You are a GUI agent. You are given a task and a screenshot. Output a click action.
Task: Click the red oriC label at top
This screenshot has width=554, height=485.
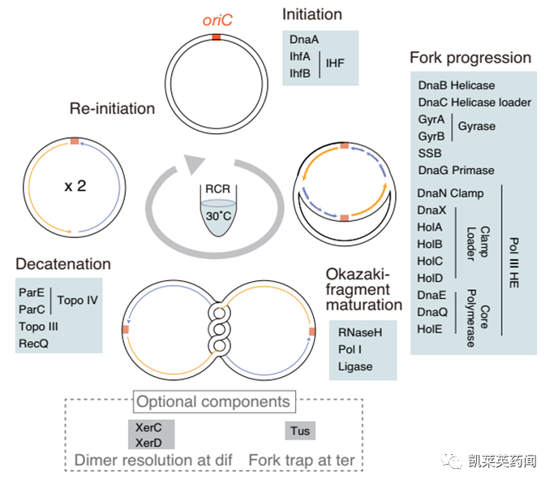(x=215, y=20)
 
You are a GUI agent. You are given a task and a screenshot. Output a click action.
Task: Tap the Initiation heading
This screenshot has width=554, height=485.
(x=312, y=14)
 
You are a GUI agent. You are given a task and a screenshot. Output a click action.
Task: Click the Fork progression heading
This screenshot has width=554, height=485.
(x=470, y=58)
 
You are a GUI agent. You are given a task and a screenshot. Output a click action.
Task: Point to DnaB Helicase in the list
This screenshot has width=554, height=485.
(x=457, y=85)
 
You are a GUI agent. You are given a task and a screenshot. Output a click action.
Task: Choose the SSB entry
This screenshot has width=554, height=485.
(x=430, y=154)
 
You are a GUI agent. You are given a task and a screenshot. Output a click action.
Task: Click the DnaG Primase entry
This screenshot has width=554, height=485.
(x=456, y=171)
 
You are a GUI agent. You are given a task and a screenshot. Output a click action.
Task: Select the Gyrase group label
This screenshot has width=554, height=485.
(x=476, y=127)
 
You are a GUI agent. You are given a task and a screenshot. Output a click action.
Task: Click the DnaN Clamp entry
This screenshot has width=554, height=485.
(x=450, y=193)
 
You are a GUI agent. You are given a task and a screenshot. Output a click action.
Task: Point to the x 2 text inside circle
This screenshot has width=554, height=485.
(x=75, y=186)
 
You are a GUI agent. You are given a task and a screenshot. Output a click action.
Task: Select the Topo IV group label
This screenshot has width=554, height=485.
(x=78, y=301)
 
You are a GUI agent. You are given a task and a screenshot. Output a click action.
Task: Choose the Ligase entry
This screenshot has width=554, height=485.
(x=355, y=366)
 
